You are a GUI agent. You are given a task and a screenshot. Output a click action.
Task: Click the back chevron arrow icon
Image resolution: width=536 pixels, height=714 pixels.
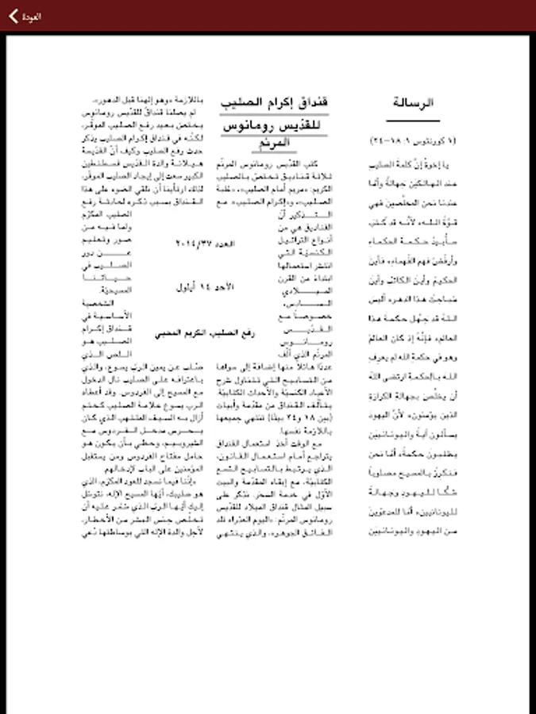point(13,16)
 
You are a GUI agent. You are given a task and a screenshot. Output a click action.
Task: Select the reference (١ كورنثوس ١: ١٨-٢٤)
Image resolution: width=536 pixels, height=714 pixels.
point(414,140)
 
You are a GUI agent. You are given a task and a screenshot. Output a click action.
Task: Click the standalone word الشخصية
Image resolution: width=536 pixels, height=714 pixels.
point(97,301)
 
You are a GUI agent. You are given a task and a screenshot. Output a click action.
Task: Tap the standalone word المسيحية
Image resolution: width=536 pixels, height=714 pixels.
point(97,290)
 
